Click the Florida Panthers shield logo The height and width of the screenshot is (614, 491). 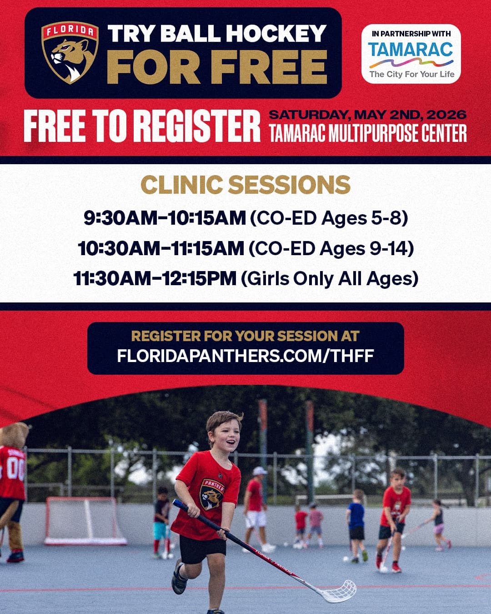pyautogui.click(x=70, y=53)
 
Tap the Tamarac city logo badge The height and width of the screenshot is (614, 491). pyautogui.click(x=411, y=54)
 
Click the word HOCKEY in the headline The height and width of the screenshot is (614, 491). pyautogui.click(x=276, y=33)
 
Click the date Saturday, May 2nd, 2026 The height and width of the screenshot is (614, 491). pyautogui.click(x=367, y=114)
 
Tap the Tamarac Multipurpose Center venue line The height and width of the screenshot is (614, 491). pyautogui.click(x=367, y=133)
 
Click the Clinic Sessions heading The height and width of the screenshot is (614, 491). pyautogui.click(x=245, y=185)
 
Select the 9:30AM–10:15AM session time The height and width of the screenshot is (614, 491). pyautogui.click(x=165, y=218)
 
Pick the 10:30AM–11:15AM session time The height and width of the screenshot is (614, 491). pyautogui.click(x=161, y=248)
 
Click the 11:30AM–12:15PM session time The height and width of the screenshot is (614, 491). pyautogui.click(x=155, y=278)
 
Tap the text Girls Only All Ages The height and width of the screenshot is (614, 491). pyautogui.click(x=330, y=278)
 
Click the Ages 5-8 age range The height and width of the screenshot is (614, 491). pyautogui.click(x=362, y=218)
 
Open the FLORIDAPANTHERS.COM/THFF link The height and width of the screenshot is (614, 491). pyautogui.click(x=245, y=355)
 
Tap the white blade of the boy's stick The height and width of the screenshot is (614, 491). pyautogui.click(x=339, y=591)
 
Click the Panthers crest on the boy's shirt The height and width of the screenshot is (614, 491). pyautogui.click(x=212, y=493)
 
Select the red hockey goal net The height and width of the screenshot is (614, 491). pyautogui.click(x=84, y=521)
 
